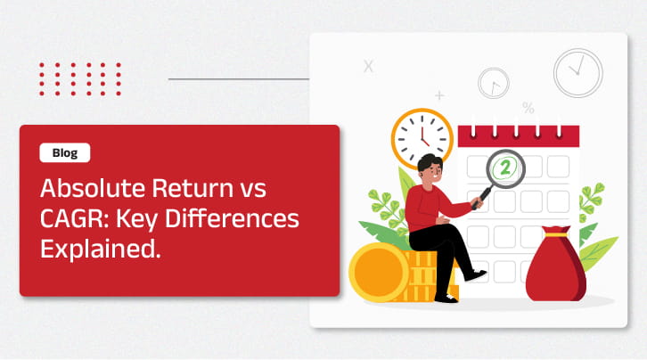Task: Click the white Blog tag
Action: click(x=65, y=152)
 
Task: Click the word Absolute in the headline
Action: click(x=93, y=188)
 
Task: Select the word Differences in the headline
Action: click(x=233, y=218)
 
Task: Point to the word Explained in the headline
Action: click(x=101, y=250)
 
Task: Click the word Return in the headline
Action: click(x=192, y=188)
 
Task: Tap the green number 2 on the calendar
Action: click(x=505, y=168)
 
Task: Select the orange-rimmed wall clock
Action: click(x=422, y=138)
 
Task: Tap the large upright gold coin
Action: click(x=379, y=272)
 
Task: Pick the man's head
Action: click(x=430, y=168)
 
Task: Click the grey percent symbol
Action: click(x=528, y=108)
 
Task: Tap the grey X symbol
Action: click(x=368, y=66)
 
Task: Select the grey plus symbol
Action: click(x=440, y=95)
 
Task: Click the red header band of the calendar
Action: click(x=519, y=136)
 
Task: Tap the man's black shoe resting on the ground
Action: click(x=446, y=298)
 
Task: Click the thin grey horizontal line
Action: click(x=239, y=78)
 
